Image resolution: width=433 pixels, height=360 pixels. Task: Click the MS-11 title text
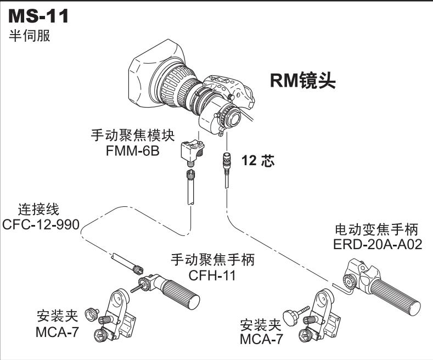[38, 16]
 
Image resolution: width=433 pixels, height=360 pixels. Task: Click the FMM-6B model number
[133, 150]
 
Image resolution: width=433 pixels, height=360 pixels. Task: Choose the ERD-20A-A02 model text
[378, 244]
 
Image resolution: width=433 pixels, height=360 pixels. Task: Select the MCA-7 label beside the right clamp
[262, 339]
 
